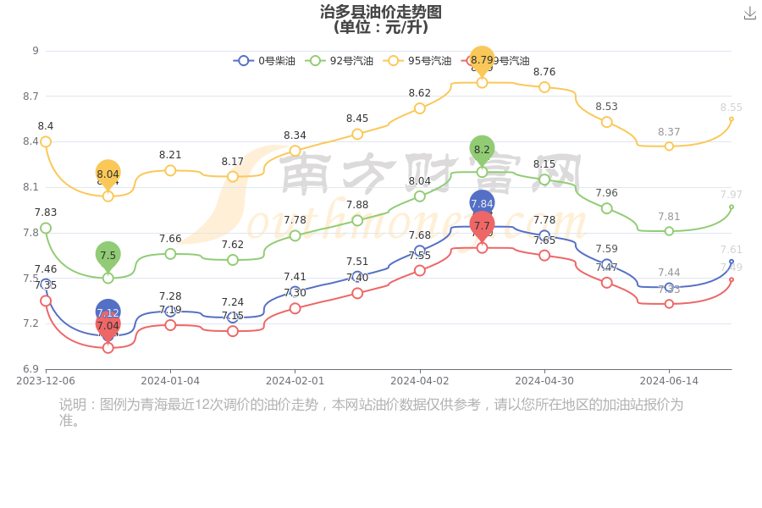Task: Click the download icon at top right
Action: click(x=749, y=14)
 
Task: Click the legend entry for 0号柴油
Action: click(x=264, y=61)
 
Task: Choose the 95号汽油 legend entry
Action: click(x=418, y=61)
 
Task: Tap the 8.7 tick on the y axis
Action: click(x=31, y=97)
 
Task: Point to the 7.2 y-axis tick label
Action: click(x=31, y=323)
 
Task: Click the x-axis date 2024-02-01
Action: click(x=295, y=381)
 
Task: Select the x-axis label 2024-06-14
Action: click(x=669, y=381)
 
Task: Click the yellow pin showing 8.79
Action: click(x=482, y=59)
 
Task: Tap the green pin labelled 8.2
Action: click(x=482, y=149)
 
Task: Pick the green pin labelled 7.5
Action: click(x=108, y=255)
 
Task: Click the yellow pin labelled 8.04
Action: click(x=108, y=174)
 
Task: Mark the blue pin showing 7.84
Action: click(x=482, y=203)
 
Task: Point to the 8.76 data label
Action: click(x=544, y=72)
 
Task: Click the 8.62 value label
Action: click(x=420, y=93)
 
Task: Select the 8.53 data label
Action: click(x=606, y=107)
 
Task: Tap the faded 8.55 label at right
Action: click(x=731, y=108)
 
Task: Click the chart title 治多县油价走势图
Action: click(x=381, y=12)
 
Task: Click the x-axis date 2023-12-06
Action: click(x=46, y=381)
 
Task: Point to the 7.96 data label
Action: click(x=606, y=193)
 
